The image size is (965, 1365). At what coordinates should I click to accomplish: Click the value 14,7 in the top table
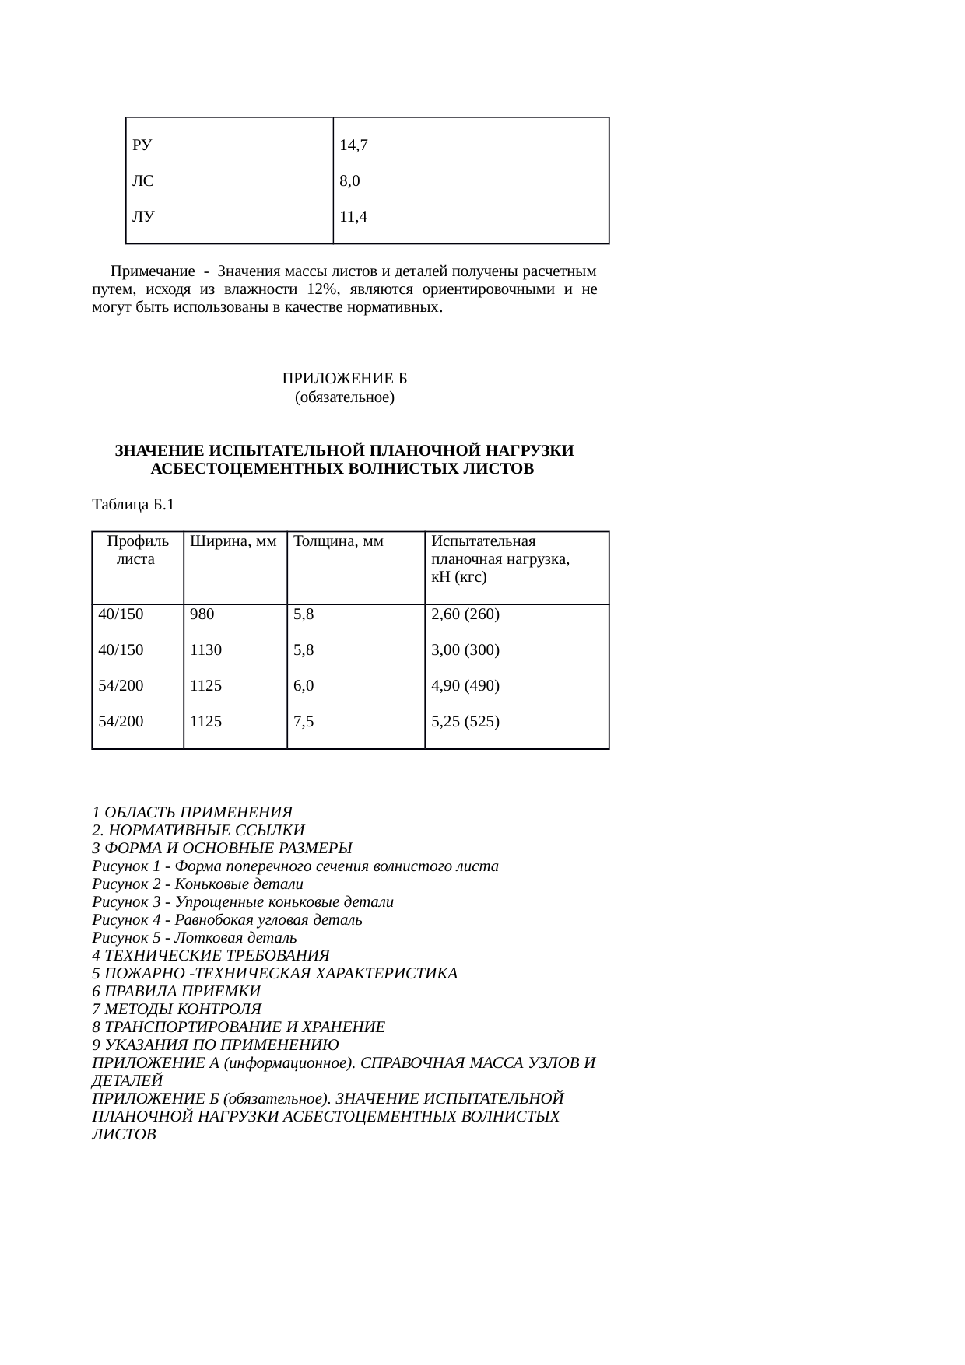click(x=353, y=145)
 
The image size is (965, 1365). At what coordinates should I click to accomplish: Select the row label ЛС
click(x=142, y=182)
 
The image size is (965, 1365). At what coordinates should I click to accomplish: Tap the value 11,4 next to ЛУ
click(x=353, y=218)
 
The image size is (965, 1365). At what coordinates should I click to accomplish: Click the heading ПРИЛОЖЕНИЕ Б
click(x=345, y=379)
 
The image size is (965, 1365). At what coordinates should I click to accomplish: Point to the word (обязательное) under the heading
click(x=345, y=397)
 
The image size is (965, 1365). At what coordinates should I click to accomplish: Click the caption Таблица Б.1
click(x=133, y=505)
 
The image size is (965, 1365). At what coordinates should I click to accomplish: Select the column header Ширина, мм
click(x=233, y=541)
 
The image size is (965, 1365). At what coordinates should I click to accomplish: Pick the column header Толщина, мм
click(x=339, y=541)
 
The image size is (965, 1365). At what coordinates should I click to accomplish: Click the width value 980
click(x=202, y=614)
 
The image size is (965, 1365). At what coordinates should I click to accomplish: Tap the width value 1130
click(x=206, y=649)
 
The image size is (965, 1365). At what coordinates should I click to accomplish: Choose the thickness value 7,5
click(x=304, y=721)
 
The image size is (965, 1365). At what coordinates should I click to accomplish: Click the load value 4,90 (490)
click(x=465, y=685)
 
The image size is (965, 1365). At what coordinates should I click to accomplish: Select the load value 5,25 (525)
click(x=465, y=721)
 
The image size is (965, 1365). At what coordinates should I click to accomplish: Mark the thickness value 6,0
click(x=304, y=685)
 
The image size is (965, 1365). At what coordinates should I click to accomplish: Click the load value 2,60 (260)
click(x=465, y=614)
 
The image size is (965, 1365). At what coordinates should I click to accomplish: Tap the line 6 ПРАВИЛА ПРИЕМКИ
click(x=176, y=992)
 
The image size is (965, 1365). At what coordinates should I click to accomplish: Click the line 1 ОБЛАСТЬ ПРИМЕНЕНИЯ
click(x=191, y=812)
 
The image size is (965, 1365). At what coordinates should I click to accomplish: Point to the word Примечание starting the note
click(x=153, y=271)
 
